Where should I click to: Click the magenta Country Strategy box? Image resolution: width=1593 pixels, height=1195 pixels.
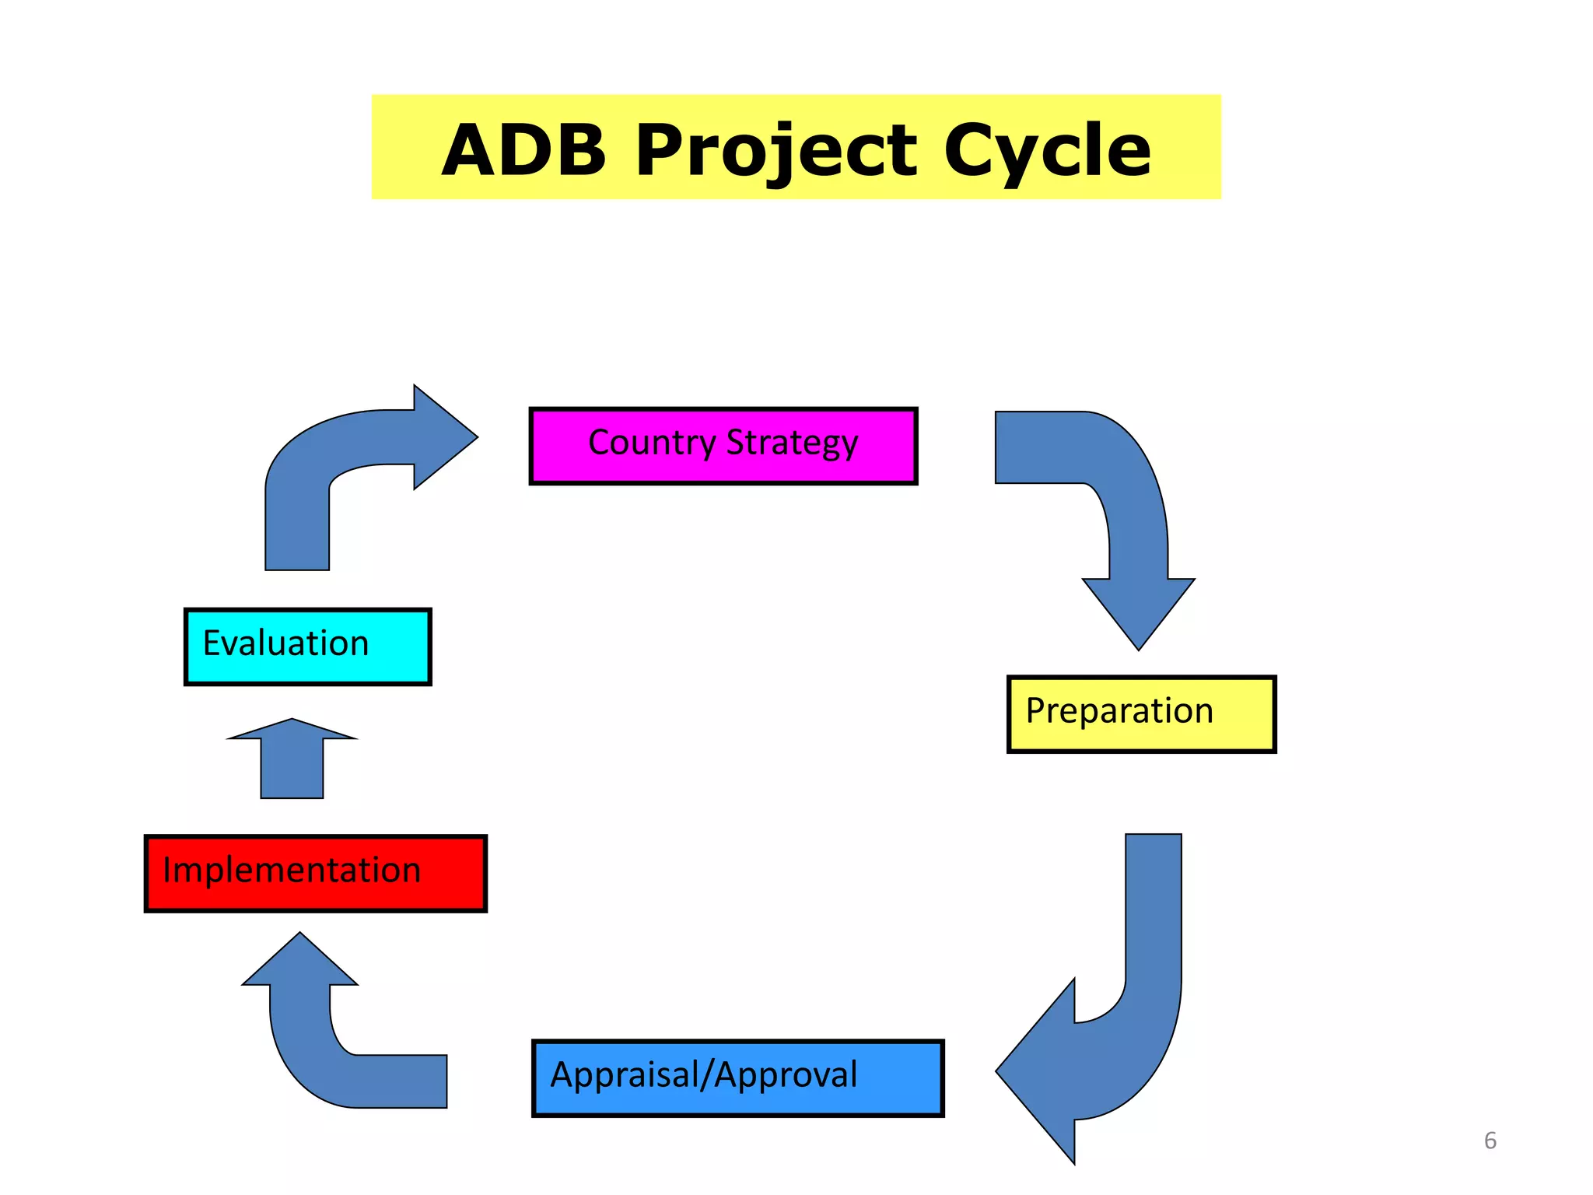[x=723, y=447]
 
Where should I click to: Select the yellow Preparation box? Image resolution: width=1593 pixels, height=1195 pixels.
[x=1141, y=713]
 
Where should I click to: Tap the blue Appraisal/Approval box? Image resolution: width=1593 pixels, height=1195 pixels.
[x=737, y=1078]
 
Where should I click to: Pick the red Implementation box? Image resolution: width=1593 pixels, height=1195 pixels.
[x=315, y=873]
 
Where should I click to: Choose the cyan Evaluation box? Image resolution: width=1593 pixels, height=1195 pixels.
[x=307, y=646]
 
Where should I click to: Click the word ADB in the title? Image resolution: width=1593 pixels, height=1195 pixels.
[x=523, y=149]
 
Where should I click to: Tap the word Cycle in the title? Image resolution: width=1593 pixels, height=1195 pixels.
[x=1047, y=149]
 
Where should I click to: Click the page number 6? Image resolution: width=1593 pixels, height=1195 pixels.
[x=1490, y=1141]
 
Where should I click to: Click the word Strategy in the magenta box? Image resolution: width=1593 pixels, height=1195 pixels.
[x=792, y=443]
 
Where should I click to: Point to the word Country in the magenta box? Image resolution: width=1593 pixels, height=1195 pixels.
[x=652, y=443]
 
